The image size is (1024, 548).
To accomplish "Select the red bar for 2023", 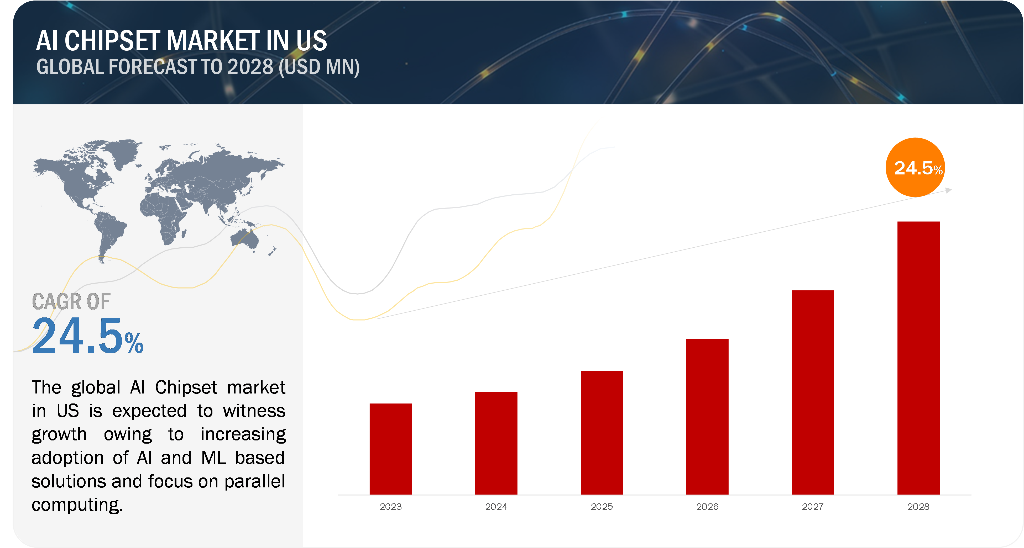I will click(390, 449).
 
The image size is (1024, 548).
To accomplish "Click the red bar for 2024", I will click(496, 443).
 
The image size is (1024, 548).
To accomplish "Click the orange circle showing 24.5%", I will click(915, 167).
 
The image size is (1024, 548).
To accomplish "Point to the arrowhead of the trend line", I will click(949, 190).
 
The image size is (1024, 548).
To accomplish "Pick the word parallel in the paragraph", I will click(254, 482).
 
